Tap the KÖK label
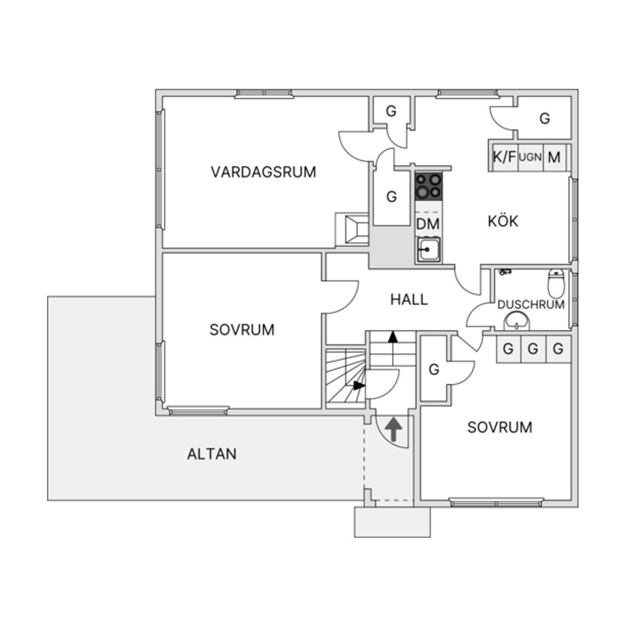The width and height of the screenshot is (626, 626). pyautogui.click(x=503, y=221)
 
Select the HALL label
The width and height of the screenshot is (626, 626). pyautogui.click(x=409, y=299)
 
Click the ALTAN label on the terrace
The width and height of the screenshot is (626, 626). pyautogui.click(x=211, y=454)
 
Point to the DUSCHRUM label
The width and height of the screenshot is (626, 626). pyautogui.click(x=531, y=305)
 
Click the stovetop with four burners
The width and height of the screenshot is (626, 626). pyautogui.click(x=428, y=186)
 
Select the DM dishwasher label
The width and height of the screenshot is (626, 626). pyautogui.click(x=428, y=224)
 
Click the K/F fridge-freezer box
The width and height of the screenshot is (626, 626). pyautogui.click(x=504, y=157)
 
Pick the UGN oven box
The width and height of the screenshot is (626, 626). pyautogui.click(x=530, y=157)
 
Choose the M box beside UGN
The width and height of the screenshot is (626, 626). pyautogui.click(x=554, y=157)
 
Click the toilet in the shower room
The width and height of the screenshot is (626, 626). pyautogui.click(x=556, y=283)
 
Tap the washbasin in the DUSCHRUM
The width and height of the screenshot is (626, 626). pyautogui.click(x=516, y=321)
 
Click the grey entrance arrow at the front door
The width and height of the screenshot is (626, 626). pyautogui.click(x=393, y=430)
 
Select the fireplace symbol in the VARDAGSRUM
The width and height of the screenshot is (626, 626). pyautogui.click(x=353, y=230)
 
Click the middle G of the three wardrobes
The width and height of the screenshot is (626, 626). pyautogui.click(x=533, y=350)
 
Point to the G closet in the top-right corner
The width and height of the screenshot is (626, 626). pyautogui.click(x=544, y=119)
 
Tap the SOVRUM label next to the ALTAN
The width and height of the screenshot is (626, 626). pyautogui.click(x=242, y=330)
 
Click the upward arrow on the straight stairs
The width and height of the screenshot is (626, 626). pyautogui.click(x=393, y=338)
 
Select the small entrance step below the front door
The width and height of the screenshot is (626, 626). pyautogui.click(x=392, y=522)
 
